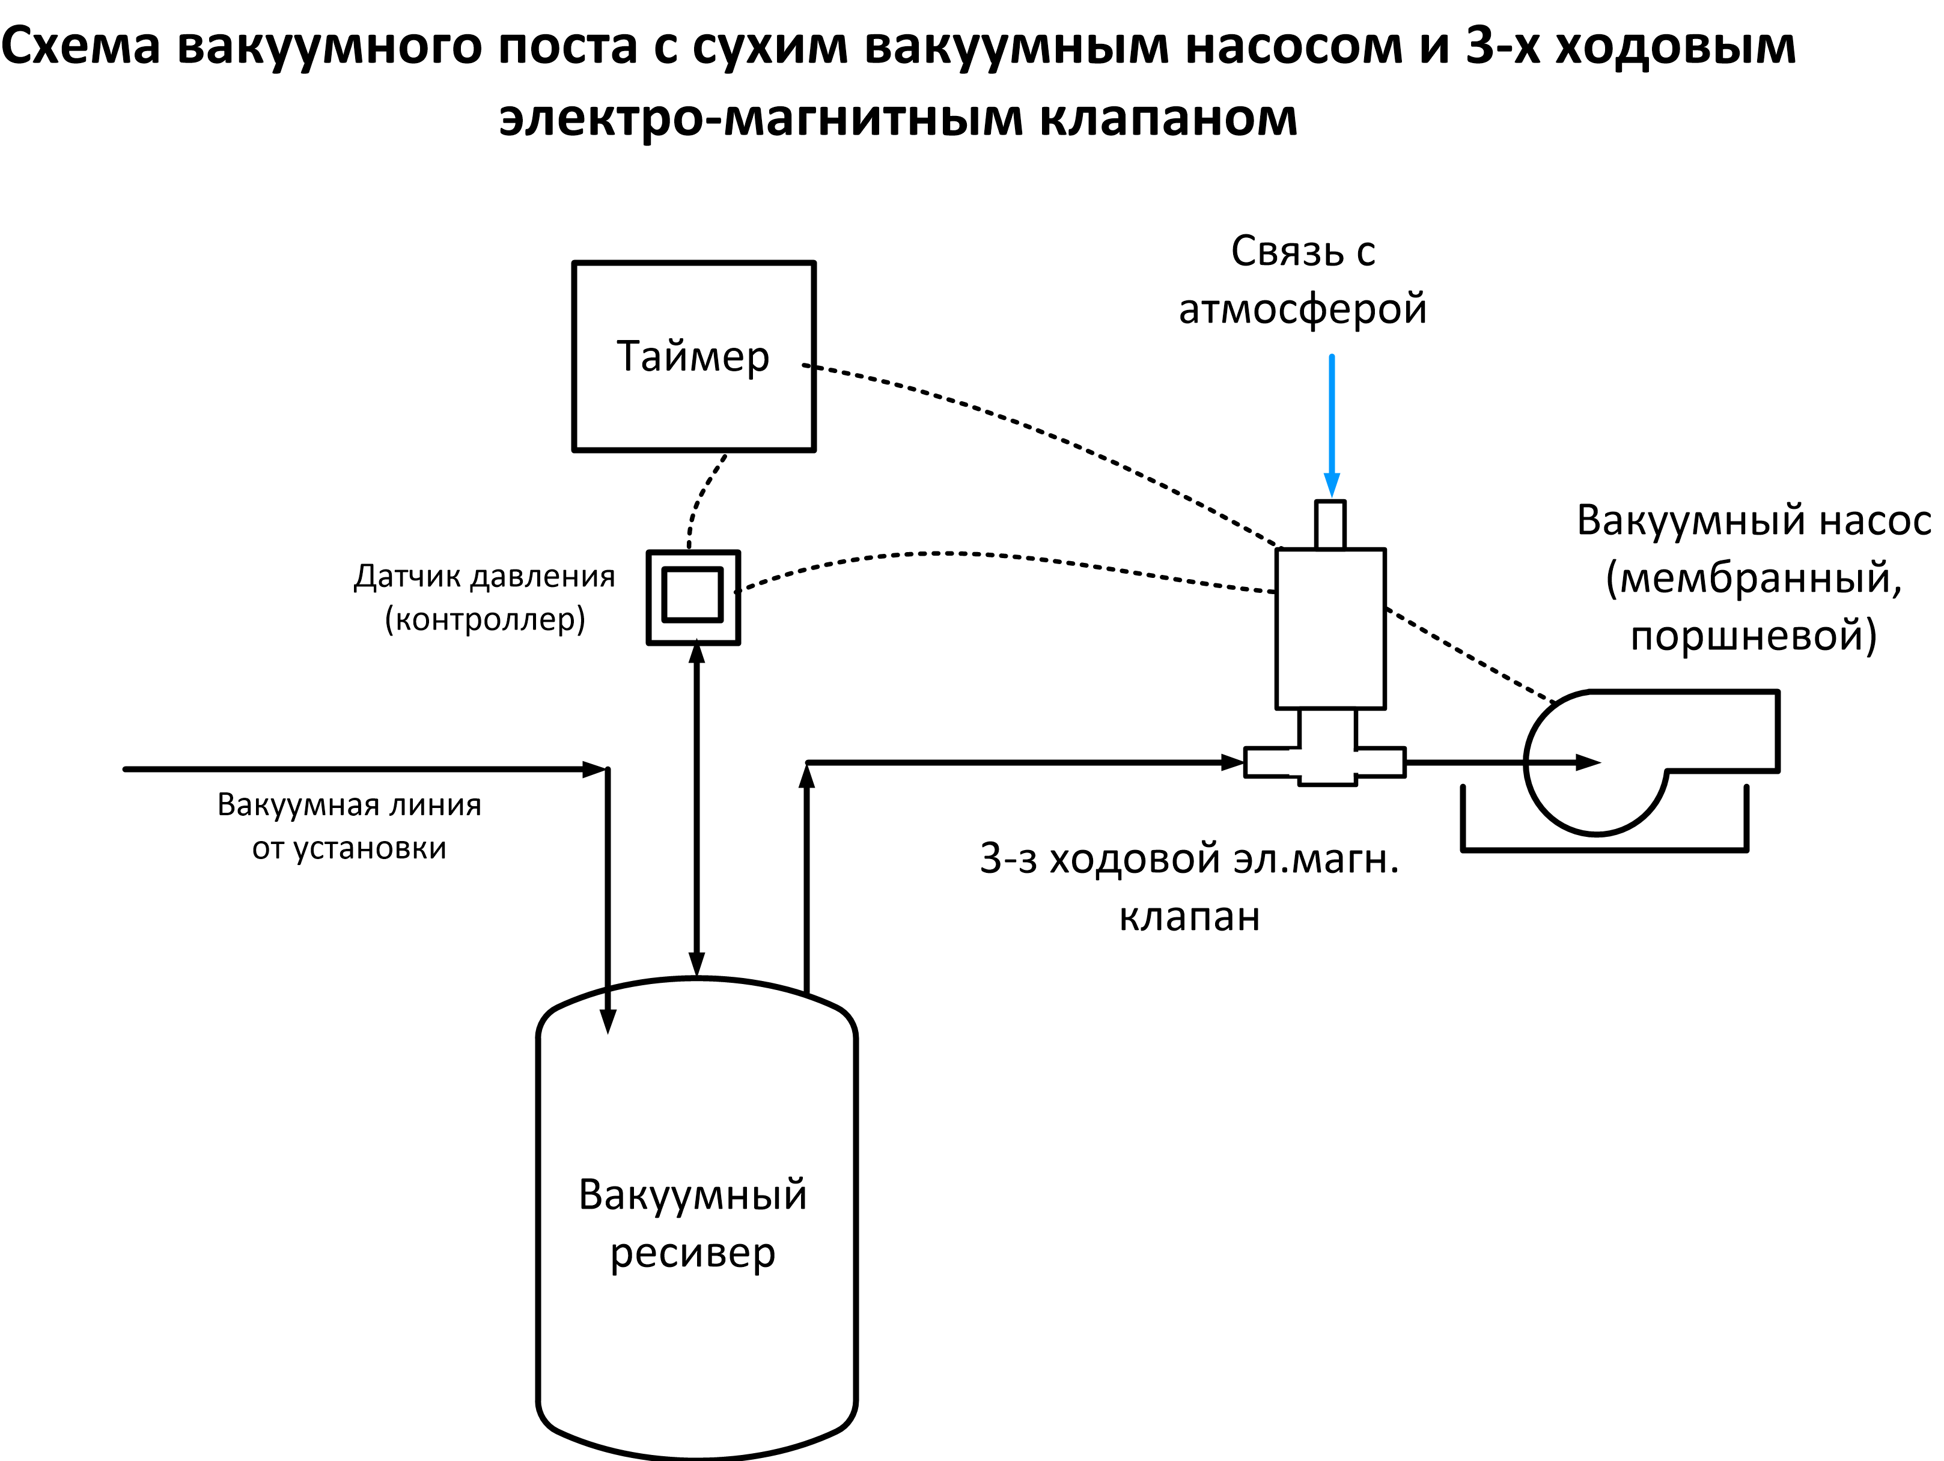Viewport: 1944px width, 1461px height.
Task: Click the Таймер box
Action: (693, 356)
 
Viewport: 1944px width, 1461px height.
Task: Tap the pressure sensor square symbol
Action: (692, 597)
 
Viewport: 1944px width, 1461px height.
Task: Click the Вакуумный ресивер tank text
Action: (692, 1223)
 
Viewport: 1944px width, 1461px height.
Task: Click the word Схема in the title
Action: (81, 45)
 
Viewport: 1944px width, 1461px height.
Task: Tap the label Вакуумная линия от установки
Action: (349, 826)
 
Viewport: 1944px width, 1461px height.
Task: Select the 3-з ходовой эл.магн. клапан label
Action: (1189, 887)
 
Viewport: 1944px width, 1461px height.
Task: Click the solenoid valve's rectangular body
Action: (1330, 628)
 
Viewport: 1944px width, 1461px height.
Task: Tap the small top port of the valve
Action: (1330, 524)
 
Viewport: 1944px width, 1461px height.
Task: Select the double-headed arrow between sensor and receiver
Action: (697, 808)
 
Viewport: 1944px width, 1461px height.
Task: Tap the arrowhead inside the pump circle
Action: (1587, 762)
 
